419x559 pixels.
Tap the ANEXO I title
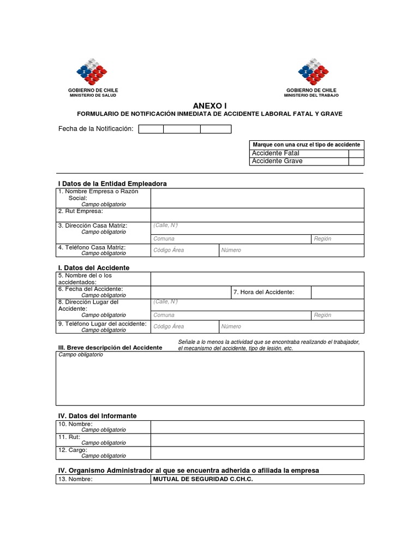[209, 105]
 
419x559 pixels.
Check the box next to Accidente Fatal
[356, 153]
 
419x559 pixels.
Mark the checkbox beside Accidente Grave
[356, 162]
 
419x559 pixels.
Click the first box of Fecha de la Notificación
[151, 129]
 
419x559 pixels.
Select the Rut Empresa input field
[257, 215]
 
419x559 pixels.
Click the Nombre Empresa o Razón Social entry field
[257, 198]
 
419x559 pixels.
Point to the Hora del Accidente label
[264, 293]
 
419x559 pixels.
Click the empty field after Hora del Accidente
[337, 293]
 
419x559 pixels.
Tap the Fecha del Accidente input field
[190, 293]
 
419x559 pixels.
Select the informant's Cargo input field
[257, 453]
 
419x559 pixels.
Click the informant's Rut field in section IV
[257, 440]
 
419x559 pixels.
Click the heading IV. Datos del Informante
[97, 416]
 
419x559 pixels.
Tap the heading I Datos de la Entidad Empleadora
[112, 183]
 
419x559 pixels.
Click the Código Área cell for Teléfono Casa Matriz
[184, 250]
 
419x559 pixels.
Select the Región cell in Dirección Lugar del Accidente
[337, 315]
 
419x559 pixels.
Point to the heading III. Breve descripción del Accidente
[110, 348]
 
